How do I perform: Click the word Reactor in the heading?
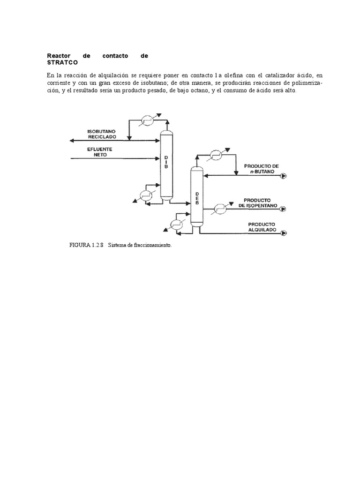[x=58, y=56]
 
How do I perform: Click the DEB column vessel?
[x=197, y=197]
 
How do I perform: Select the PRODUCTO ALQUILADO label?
[x=262, y=227]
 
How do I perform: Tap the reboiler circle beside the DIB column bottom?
[x=146, y=195]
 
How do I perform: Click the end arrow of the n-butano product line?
[x=284, y=176]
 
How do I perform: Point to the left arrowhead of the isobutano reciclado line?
[x=71, y=140]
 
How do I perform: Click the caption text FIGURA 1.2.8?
[x=87, y=245]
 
